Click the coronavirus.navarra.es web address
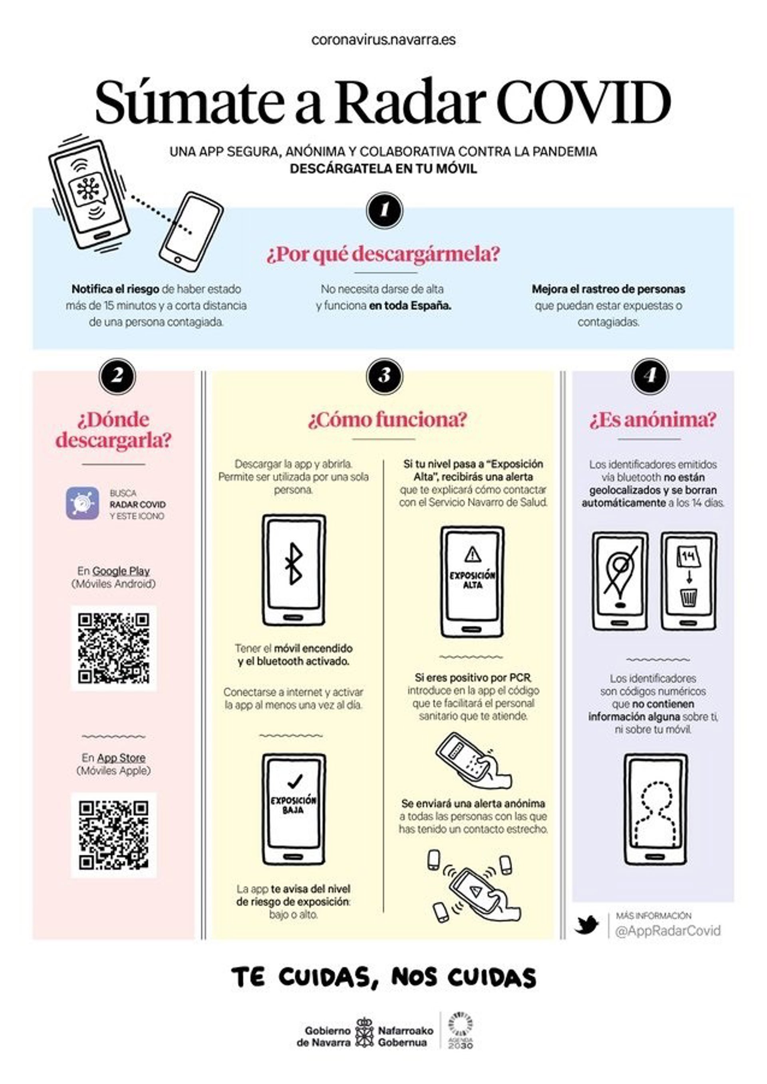pos(383,40)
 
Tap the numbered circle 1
pos(384,210)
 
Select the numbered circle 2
pos(117,376)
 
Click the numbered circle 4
pos(650,376)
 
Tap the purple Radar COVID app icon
pos(83,503)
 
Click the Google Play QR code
pos(114,648)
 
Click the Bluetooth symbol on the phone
pos(294,563)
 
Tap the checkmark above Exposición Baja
pos(295,781)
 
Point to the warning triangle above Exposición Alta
pos(472,554)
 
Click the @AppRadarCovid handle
pos(668,931)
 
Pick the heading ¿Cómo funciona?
pos(387,420)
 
